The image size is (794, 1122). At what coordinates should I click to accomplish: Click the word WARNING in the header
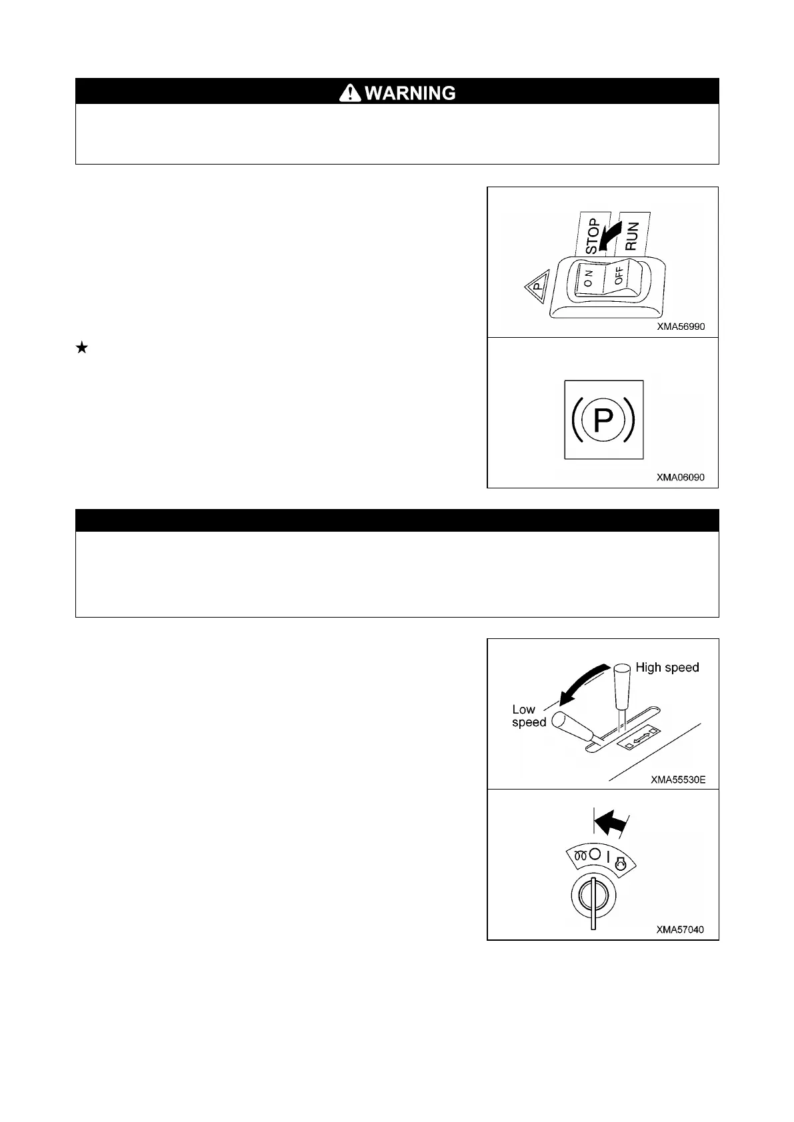pyautogui.click(x=410, y=93)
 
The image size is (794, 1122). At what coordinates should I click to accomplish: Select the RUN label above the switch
pyautogui.click(x=632, y=235)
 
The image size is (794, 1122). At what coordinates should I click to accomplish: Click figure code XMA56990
pyautogui.click(x=680, y=326)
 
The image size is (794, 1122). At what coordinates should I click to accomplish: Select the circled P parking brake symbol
pyautogui.click(x=603, y=420)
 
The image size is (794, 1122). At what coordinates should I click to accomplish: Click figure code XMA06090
pyautogui.click(x=680, y=477)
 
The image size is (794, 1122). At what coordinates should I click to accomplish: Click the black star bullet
pyautogui.click(x=82, y=347)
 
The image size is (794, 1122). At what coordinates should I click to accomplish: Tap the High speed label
pyautogui.click(x=667, y=668)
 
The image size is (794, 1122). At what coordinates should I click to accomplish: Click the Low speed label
pyautogui.click(x=529, y=716)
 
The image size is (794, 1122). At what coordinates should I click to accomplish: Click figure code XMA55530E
pyautogui.click(x=678, y=780)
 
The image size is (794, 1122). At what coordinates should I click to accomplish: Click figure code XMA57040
pyautogui.click(x=680, y=929)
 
